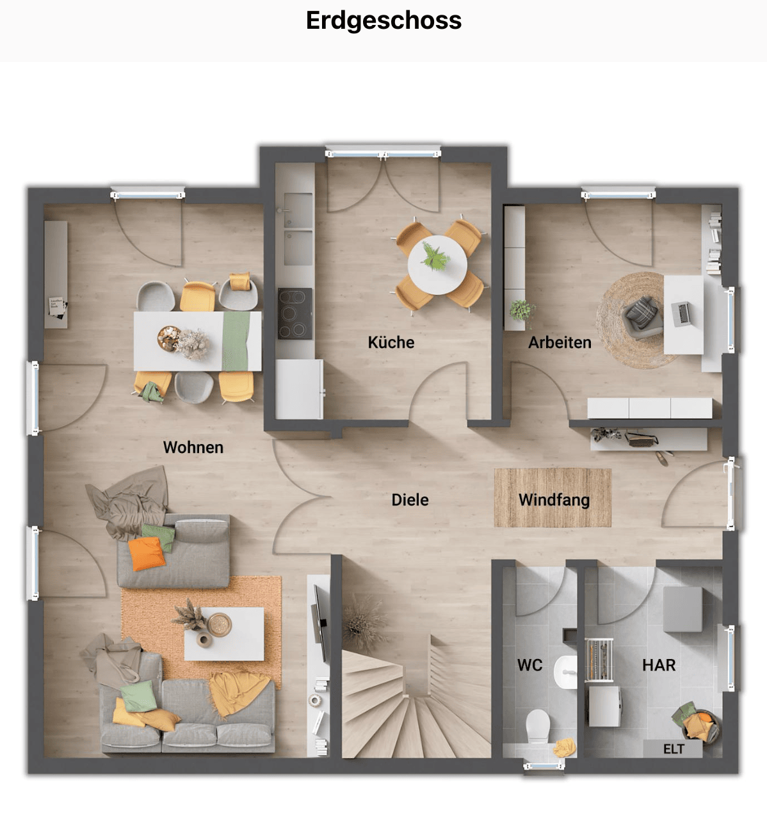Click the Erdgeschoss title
tap(383, 20)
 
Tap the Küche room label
tap(391, 342)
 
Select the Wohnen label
tap(193, 447)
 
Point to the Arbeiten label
tap(560, 342)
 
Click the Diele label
tap(410, 500)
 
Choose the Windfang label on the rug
tap(554, 500)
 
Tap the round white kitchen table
tap(437, 265)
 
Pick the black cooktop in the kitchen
tap(295, 314)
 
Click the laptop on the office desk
tap(682, 314)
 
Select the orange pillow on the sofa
tap(147, 553)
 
